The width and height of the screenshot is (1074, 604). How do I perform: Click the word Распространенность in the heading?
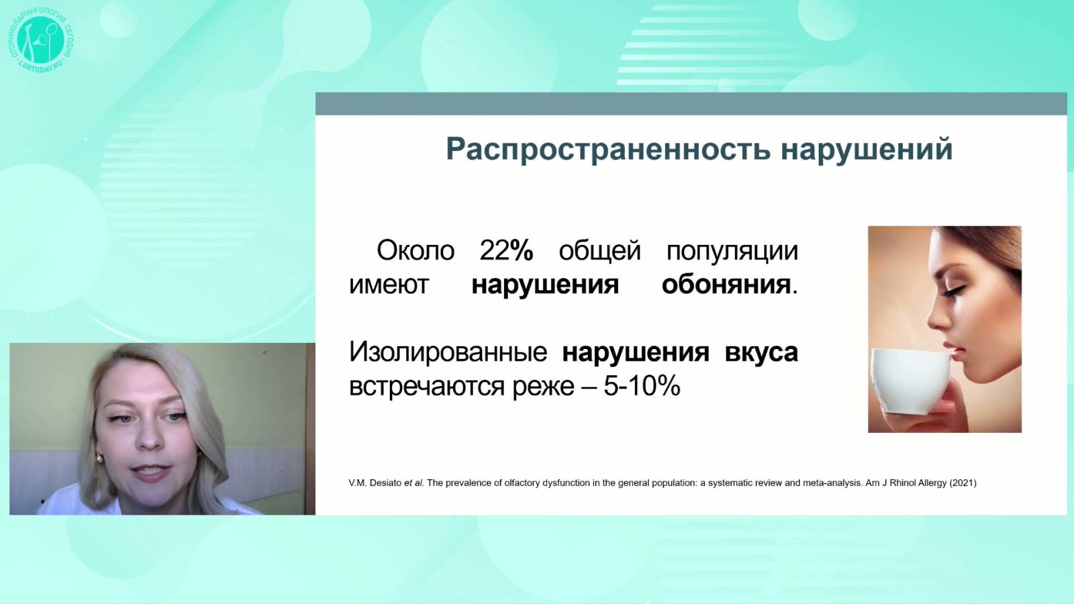coord(607,149)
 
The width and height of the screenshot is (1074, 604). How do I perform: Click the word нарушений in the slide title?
coord(867,149)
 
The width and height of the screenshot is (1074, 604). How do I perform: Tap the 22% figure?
coord(506,251)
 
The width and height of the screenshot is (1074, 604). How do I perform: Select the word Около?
coord(416,251)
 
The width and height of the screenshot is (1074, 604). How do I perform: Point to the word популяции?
coord(732,251)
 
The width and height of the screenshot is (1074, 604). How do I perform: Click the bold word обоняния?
coord(726,285)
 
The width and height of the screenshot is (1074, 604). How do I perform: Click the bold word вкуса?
coord(761,352)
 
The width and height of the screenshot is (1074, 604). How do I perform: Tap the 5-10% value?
coord(641,387)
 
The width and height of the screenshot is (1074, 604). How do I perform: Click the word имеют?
coord(389,285)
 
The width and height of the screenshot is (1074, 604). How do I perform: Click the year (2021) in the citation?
coord(963,483)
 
